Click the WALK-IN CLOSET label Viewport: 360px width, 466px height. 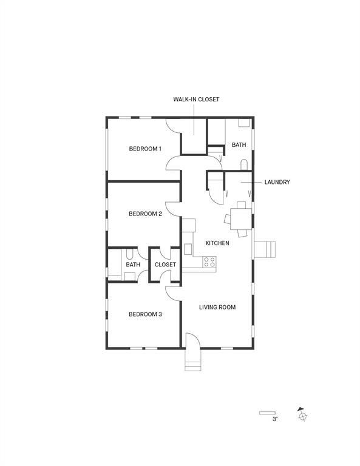(195, 99)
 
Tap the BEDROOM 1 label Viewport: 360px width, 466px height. (145, 149)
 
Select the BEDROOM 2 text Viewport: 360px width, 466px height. (145, 214)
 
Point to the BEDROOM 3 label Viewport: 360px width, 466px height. (145, 314)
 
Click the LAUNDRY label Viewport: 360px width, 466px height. (277, 182)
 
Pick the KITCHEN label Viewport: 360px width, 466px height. (217, 243)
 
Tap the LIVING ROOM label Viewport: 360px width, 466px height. (217, 307)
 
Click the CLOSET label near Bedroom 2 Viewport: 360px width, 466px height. (165, 265)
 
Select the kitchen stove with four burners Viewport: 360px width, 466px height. (209, 262)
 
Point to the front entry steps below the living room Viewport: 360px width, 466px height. (192, 365)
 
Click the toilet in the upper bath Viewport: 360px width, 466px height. (244, 165)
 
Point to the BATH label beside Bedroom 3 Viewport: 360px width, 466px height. (133, 265)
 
